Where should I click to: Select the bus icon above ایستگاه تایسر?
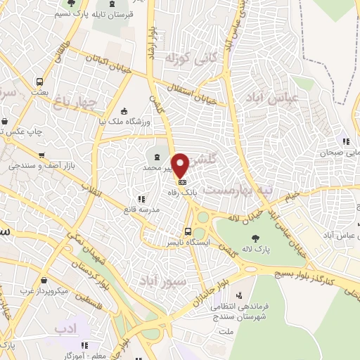(x=187, y=231)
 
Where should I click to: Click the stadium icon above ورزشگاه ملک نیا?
(x=124, y=111)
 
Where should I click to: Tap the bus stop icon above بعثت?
(x=39, y=81)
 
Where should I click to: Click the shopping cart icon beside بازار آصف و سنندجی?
(x=43, y=155)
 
